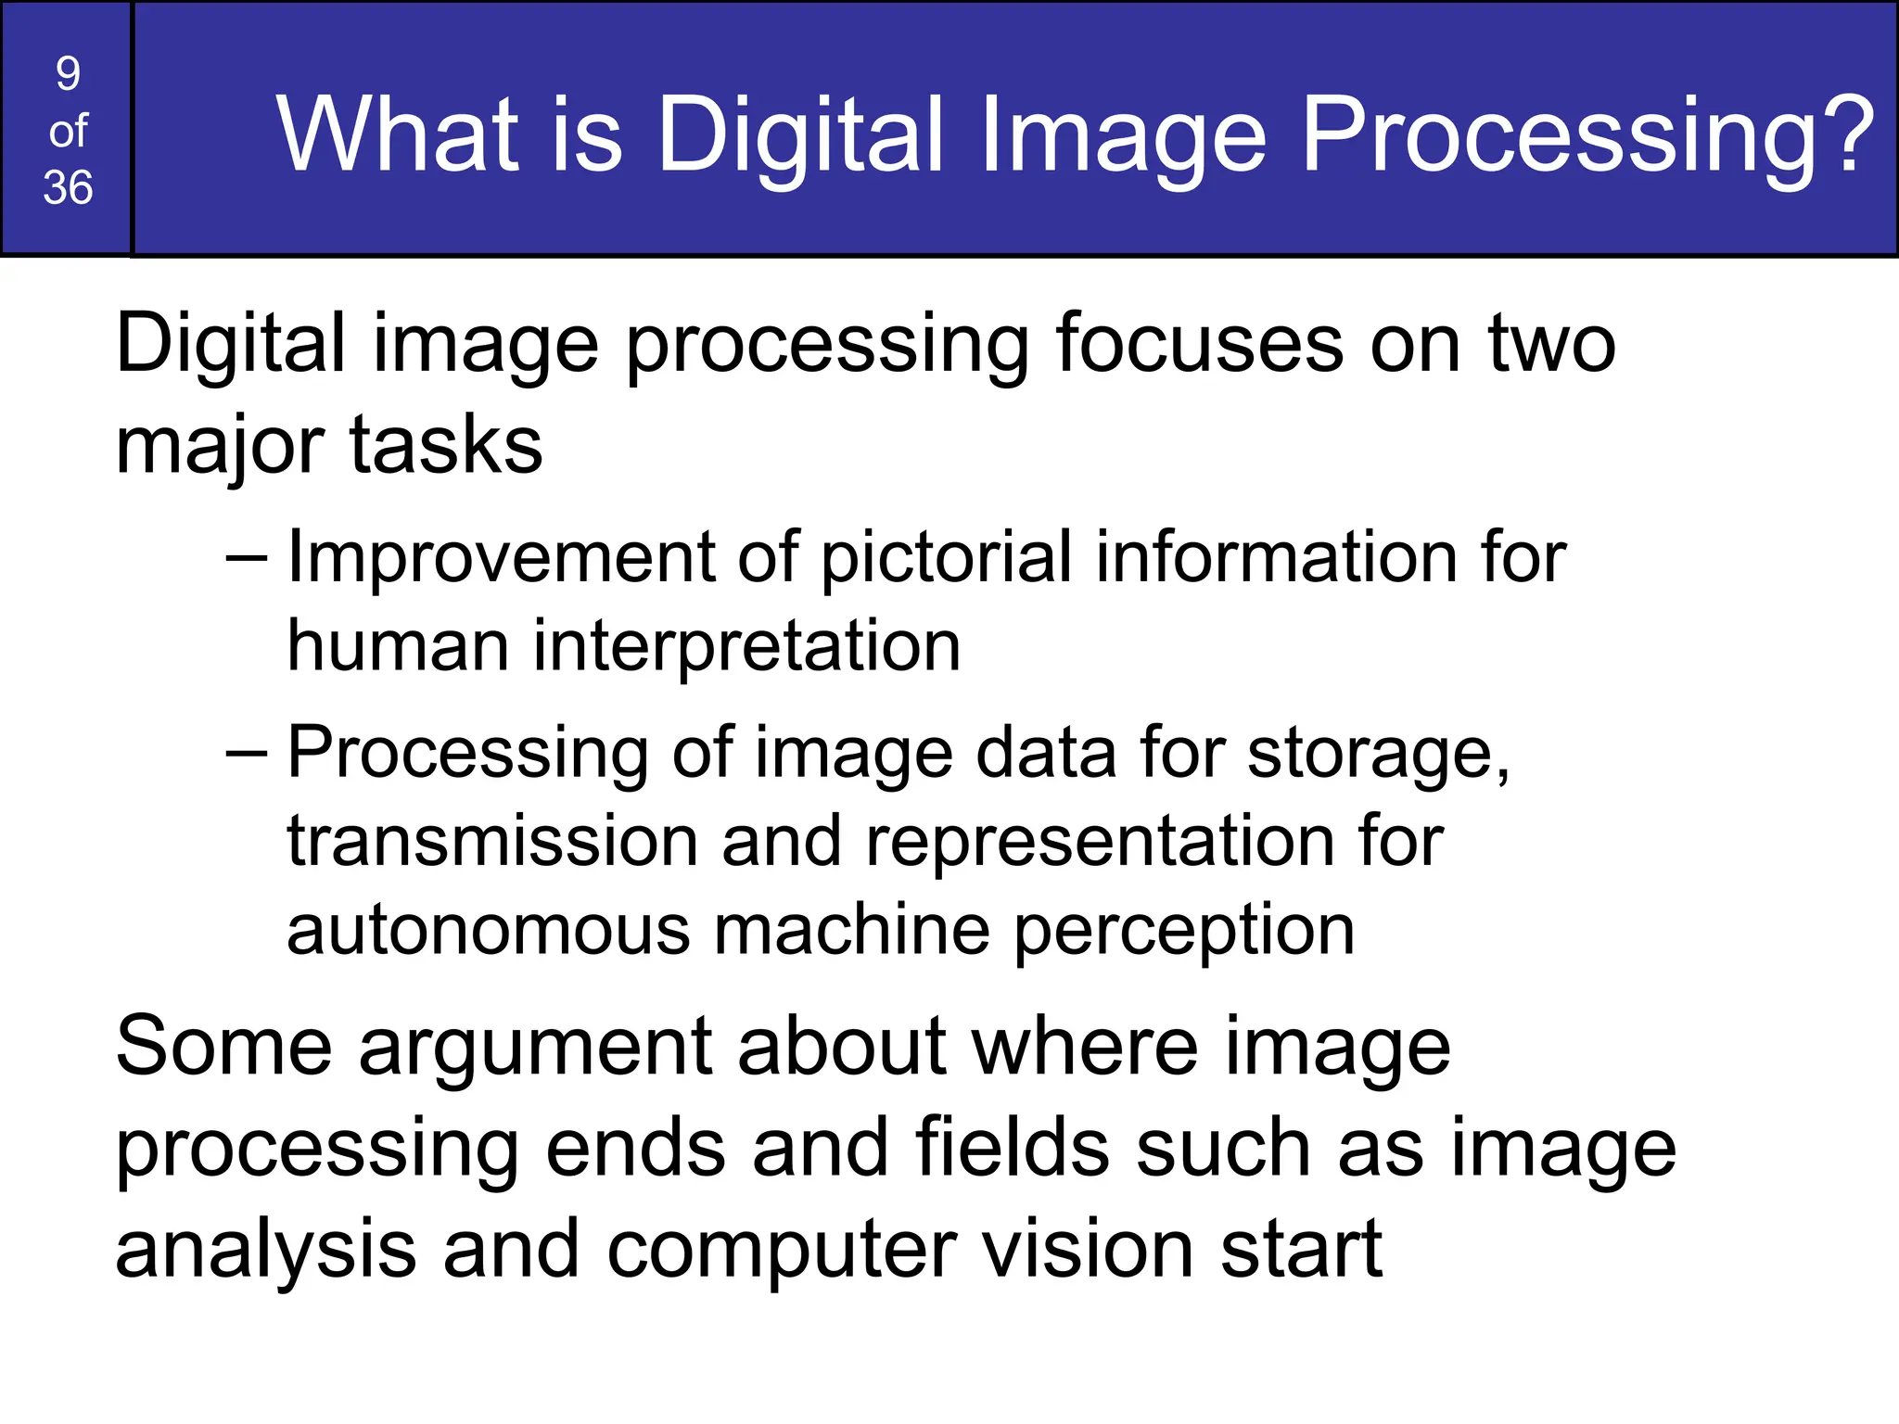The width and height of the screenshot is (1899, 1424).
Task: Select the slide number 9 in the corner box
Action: click(x=68, y=74)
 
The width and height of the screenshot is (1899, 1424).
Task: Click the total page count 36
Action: click(x=68, y=187)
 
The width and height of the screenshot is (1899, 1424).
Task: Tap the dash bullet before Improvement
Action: click(x=247, y=559)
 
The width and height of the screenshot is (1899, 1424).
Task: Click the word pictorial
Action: click(x=946, y=558)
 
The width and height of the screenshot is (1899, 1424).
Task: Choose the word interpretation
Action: click(x=746, y=647)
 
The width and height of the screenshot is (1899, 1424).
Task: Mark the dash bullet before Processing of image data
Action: click(x=247, y=754)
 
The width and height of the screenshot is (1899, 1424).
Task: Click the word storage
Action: click(x=1378, y=754)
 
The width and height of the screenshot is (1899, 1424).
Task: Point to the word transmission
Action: click(x=492, y=842)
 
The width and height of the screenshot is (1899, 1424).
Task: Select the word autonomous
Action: click(x=488, y=931)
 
